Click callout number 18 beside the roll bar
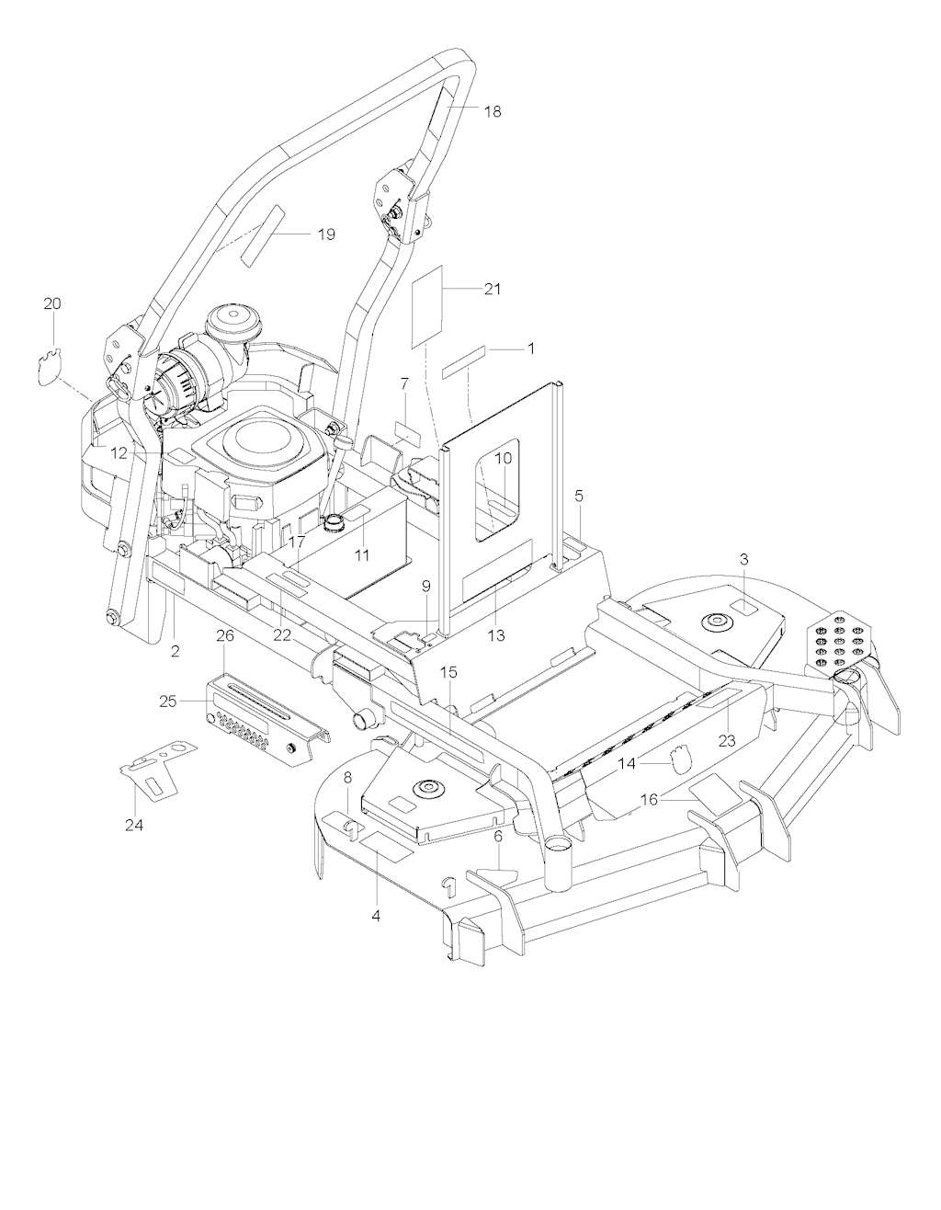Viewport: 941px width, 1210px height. click(x=492, y=111)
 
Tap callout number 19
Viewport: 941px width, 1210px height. click(x=326, y=234)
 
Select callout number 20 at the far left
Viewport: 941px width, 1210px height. click(x=53, y=304)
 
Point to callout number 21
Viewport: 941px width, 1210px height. click(x=492, y=289)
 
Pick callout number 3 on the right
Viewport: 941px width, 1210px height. click(x=744, y=560)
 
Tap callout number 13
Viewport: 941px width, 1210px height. click(x=496, y=635)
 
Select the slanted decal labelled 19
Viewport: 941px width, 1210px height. click(x=263, y=233)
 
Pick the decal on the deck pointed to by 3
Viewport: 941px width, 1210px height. click(x=744, y=607)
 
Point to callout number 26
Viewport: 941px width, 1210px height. click(x=225, y=636)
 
